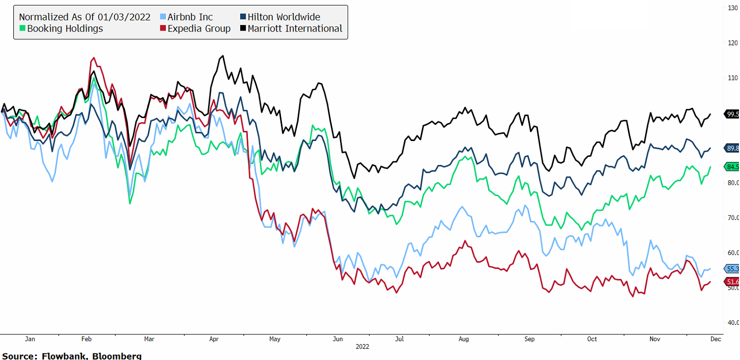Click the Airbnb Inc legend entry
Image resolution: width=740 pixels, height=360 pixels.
[186, 17]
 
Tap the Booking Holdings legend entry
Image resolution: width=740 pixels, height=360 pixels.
[61, 29]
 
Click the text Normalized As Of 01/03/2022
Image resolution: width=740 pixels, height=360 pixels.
[84, 17]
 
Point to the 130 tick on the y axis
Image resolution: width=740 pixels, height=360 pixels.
[732, 8]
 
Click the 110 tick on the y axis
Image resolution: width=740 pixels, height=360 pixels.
[732, 78]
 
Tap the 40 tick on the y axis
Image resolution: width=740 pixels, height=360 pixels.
[732, 323]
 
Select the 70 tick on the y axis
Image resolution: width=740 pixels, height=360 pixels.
[732, 218]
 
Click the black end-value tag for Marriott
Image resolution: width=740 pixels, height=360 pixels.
[732, 115]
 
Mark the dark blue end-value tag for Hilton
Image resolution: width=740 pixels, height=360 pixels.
[732, 148]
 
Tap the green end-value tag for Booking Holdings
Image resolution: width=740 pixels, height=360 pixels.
[732, 167]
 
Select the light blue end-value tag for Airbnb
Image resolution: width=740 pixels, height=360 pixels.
[732, 269]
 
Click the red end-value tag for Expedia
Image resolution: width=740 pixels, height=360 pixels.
[732, 282]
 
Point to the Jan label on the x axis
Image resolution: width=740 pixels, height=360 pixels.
[30, 339]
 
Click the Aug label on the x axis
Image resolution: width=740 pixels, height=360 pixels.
[463, 339]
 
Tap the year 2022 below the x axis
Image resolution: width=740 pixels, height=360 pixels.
[362, 346]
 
